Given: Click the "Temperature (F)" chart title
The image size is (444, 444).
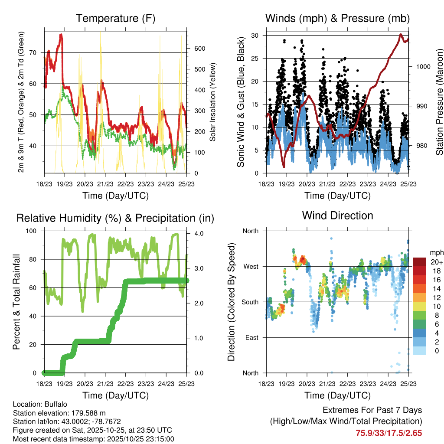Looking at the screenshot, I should [x=115, y=18].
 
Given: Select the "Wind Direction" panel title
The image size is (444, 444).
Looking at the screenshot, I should [x=337, y=215].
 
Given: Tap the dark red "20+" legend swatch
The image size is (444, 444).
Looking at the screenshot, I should [x=420, y=262].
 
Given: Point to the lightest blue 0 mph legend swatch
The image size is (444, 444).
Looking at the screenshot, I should [x=420, y=351].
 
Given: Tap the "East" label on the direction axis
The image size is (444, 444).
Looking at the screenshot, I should [x=250, y=337].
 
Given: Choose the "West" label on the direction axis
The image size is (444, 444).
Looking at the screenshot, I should [x=250, y=266].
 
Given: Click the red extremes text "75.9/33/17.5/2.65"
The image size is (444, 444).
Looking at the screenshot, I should [x=389, y=433].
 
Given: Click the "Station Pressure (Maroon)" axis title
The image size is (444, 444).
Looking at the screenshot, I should [x=439, y=101].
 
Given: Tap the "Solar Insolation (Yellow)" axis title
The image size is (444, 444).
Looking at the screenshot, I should [x=213, y=102].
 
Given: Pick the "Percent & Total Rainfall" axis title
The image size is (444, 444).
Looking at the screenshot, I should [x=16, y=302].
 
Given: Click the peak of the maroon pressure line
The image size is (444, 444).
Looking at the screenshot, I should [x=401, y=34].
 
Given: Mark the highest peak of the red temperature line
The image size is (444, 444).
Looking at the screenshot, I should [x=61, y=35].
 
